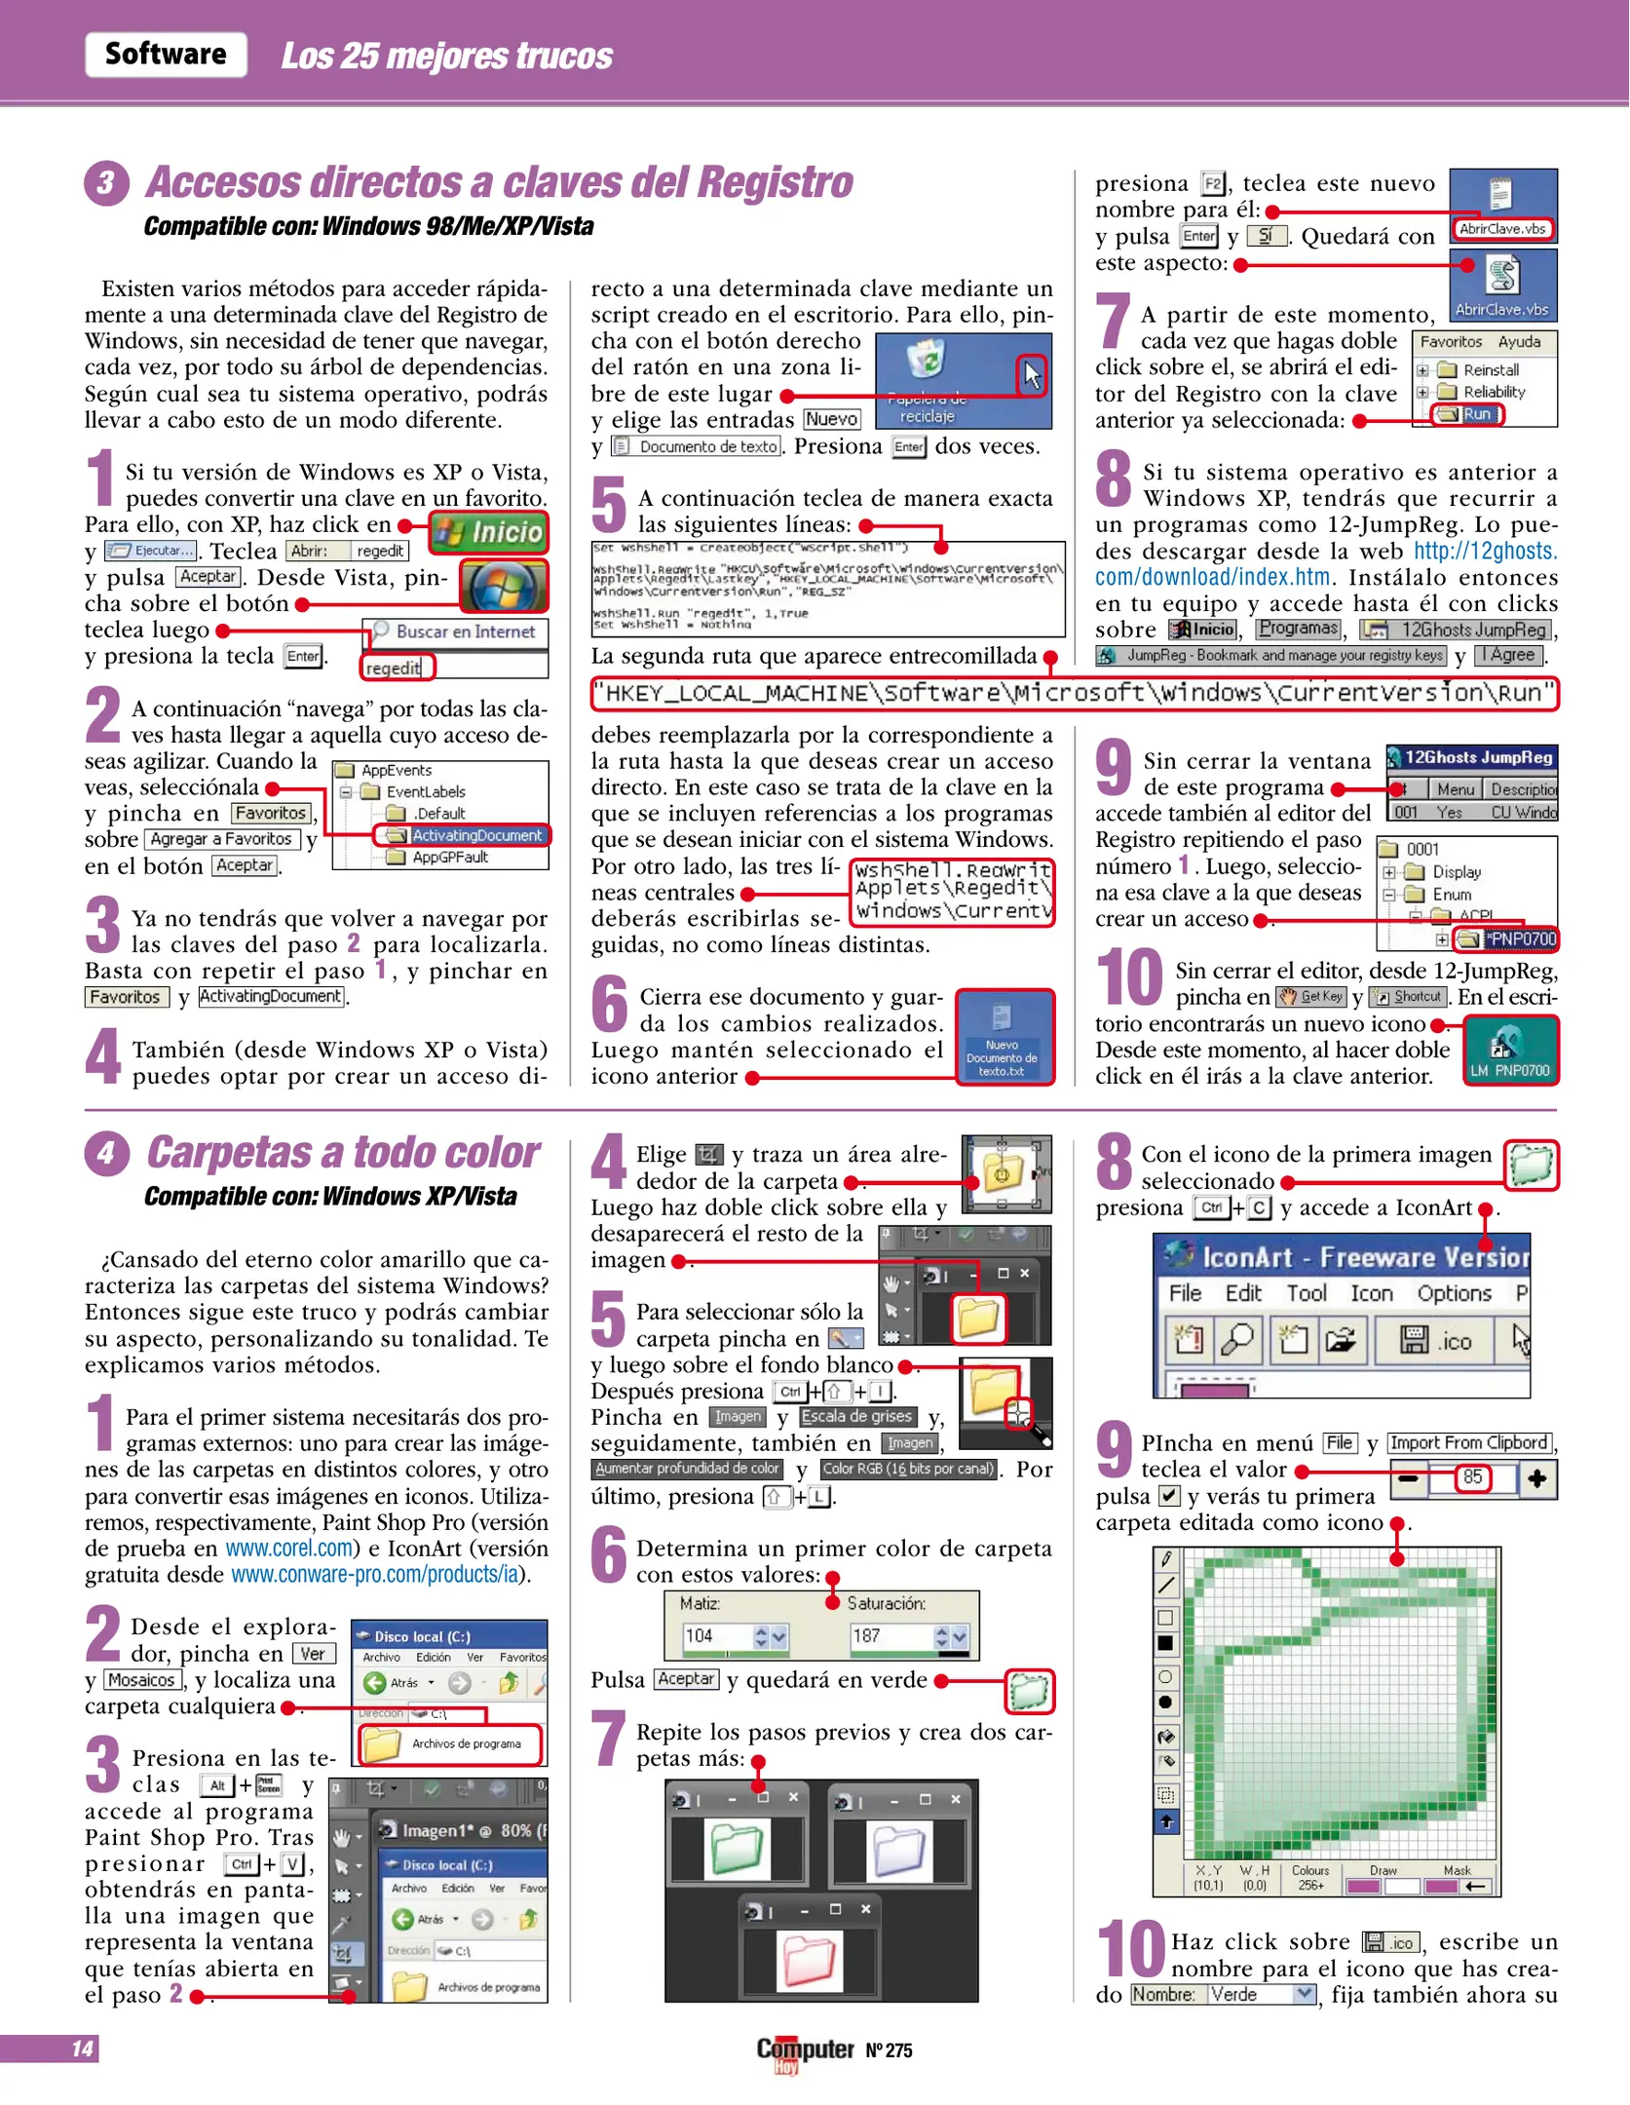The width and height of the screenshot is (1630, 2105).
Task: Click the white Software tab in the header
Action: pyautogui.click(x=166, y=54)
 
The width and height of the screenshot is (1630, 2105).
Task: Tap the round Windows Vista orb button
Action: pyautogui.click(x=503, y=586)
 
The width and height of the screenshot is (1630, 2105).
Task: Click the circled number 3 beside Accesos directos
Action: pyautogui.click(x=106, y=183)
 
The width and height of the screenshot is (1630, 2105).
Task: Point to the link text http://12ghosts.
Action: pyautogui.click(x=1485, y=552)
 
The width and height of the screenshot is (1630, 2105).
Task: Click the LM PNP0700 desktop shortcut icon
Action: pyautogui.click(x=1509, y=1050)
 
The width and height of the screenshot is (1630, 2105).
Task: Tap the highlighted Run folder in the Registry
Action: pyautogui.click(x=1468, y=414)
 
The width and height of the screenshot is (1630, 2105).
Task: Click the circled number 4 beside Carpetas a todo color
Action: pyautogui.click(x=106, y=1154)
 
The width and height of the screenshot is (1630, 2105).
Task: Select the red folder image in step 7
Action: pyautogui.click(x=809, y=1959)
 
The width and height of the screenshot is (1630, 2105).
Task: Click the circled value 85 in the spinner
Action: pyautogui.click(x=1472, y=1477)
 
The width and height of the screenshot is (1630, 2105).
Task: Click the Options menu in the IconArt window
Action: pyautogui.click(x=1454, y=1293)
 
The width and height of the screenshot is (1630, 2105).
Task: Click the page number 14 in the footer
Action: pyautogui.click(x=83, y=2048)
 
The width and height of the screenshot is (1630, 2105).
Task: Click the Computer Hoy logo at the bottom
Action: pyautogui.click(x=804, y=2050)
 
